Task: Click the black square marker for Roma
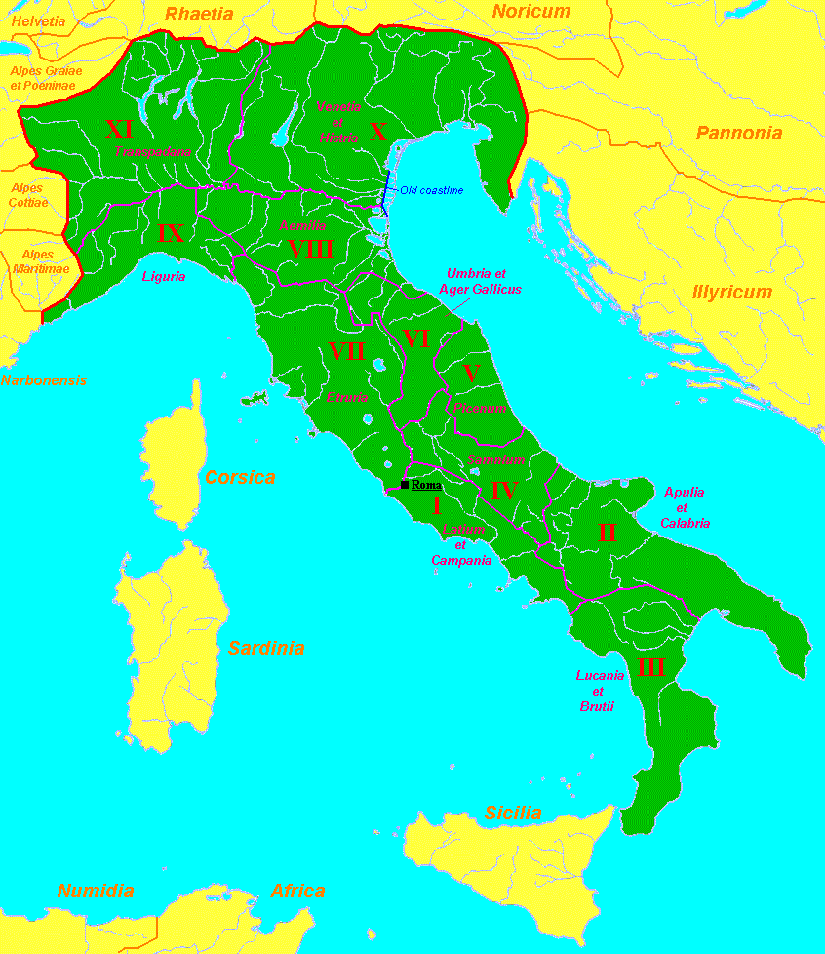point(405,485)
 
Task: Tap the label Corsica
point(240,478)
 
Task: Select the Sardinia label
point(266,648)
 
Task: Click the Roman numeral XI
point(119,129)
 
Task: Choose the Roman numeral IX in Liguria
point(170,233)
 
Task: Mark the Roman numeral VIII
point(311,249)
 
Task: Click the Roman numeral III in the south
point(650,669)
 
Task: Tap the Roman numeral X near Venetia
point(378,132)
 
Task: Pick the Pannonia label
point(738,134)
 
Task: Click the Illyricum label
point(731,292)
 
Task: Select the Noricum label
point(530,12)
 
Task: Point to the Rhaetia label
point(199,14)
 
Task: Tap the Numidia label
point(96,891)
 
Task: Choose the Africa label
point(297,891)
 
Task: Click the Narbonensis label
point(44,381)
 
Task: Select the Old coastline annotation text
point(431,190)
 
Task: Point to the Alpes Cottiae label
point(26,195)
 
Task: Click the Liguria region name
point(164,277)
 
